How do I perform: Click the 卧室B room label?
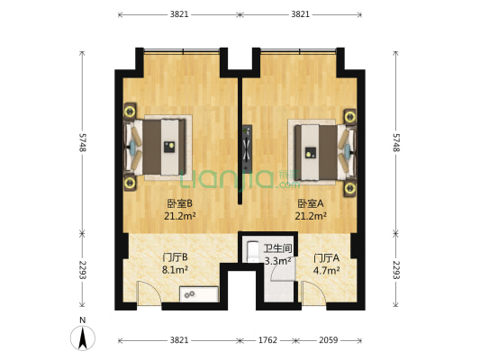(x=180, y=203)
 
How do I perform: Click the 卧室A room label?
(x=311, y=203)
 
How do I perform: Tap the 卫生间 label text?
(x=278, y=248)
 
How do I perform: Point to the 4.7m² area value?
(x=326, y=270)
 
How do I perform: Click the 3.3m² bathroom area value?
(x=277, y=261)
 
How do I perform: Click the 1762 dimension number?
(x=267, y=340)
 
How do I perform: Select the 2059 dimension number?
(x=329, y=340)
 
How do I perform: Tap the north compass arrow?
(x=83, y=337)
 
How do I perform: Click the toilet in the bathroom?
(x=252, y=252)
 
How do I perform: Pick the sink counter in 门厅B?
(x=199, y=294)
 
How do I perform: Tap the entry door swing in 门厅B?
(x=149, y=293)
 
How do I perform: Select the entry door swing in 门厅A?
(x=314, y=293)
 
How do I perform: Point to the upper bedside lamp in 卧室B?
(x=130, y=111)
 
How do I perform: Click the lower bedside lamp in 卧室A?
(x=349, y=188)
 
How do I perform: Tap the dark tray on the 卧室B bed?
(x=169, y=147)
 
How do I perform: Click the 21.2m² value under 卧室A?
(x=311, y=216)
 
